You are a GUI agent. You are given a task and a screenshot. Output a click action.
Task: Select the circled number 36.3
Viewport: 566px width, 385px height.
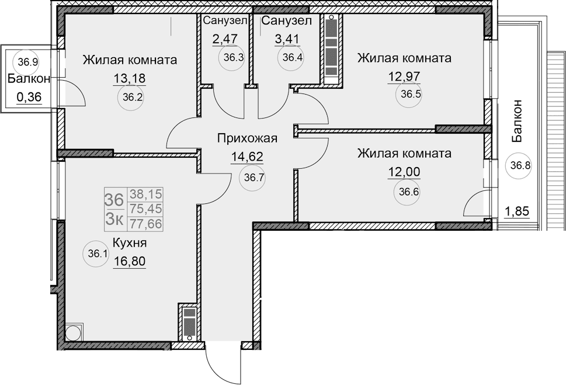click(x=230, y=58)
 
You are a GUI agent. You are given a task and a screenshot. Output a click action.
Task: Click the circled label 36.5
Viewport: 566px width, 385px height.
click(x=408, y=95)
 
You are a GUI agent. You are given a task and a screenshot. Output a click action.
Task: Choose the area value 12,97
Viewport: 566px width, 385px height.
click(x=404, y=75)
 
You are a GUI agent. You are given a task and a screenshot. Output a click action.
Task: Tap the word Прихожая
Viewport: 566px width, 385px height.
click(x=246, y=138)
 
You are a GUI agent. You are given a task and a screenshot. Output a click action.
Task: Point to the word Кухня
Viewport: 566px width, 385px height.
click(x=129, y=243)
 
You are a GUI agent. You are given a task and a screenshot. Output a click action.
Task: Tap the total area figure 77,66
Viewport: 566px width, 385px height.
click(x=146, y=222)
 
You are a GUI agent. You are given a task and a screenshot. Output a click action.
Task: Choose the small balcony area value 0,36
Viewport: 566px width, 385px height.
click(x=29, y=98)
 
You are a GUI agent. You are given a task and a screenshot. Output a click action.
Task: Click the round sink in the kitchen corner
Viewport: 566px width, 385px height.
click(x=74, y=333)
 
